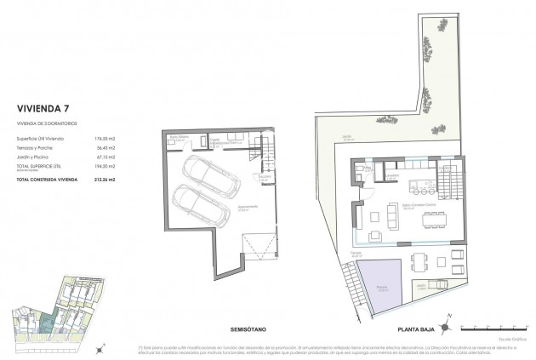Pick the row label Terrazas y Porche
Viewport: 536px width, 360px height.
(35, 147)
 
